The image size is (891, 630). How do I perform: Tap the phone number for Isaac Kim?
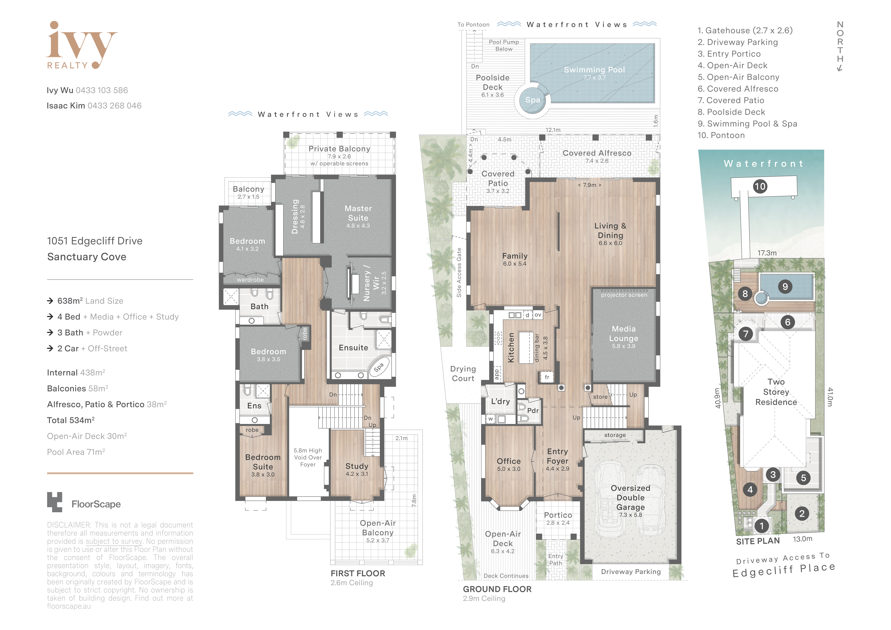(x=114, y=106)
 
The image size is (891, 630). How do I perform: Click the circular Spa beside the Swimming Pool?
(x=532, y=100)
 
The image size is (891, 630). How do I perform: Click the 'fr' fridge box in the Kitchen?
(x=547, y=377)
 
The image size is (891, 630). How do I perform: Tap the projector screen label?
(x=624, y=295)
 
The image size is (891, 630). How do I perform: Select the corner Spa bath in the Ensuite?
(x=379, y=367)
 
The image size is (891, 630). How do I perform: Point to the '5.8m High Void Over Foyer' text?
(x=308, y=457)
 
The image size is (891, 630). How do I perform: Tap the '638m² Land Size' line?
(x=90, y=301)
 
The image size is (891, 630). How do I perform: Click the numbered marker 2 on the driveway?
(x=802, y=514)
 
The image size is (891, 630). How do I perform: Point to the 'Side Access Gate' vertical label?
(x=459, y=272)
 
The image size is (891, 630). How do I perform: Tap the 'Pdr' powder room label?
(x=533, y=410)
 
